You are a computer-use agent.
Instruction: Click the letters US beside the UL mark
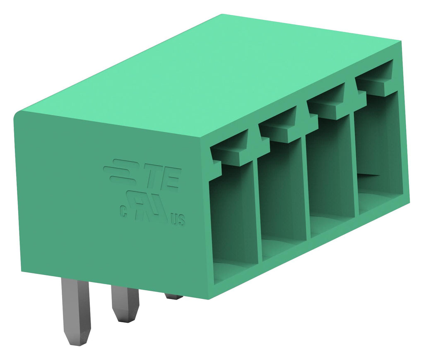tap(178, 220)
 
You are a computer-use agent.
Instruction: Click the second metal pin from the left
tap(125, 304)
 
